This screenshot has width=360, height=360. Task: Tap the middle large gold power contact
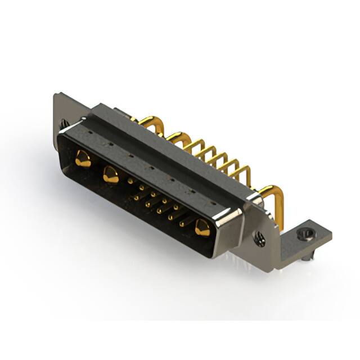pyautogui.click(x=111, y=177)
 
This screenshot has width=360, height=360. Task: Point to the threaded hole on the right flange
pyautogui.click(x=260, y=238)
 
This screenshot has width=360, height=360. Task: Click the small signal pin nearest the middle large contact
pyautogui.click(x=130, y=181)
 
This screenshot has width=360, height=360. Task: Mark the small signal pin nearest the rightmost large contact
pyautogui.click(x=181, y=223)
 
